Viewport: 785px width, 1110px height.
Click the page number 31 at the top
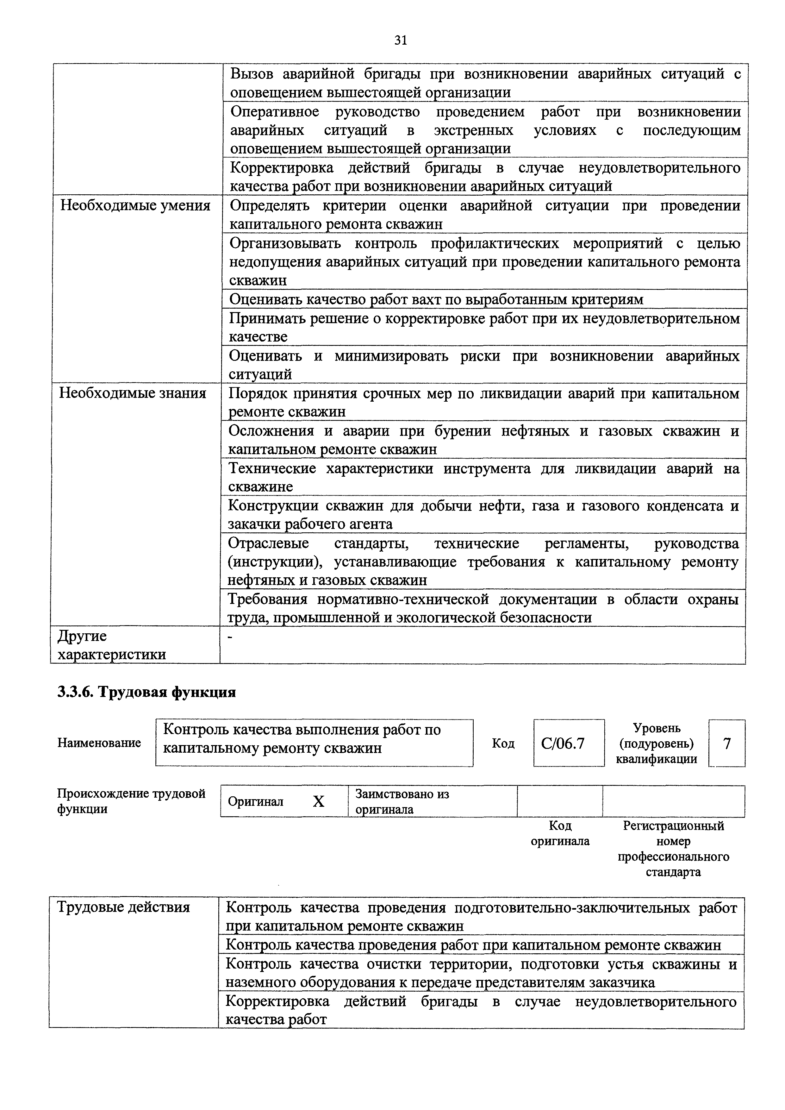point(401,40)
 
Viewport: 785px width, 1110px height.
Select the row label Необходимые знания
point(133,393)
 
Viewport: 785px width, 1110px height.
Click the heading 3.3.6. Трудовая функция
point(146,692)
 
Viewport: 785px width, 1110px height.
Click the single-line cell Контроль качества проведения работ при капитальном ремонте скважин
point(473,945)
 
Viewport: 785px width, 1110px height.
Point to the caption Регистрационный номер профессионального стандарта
point(673,849)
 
